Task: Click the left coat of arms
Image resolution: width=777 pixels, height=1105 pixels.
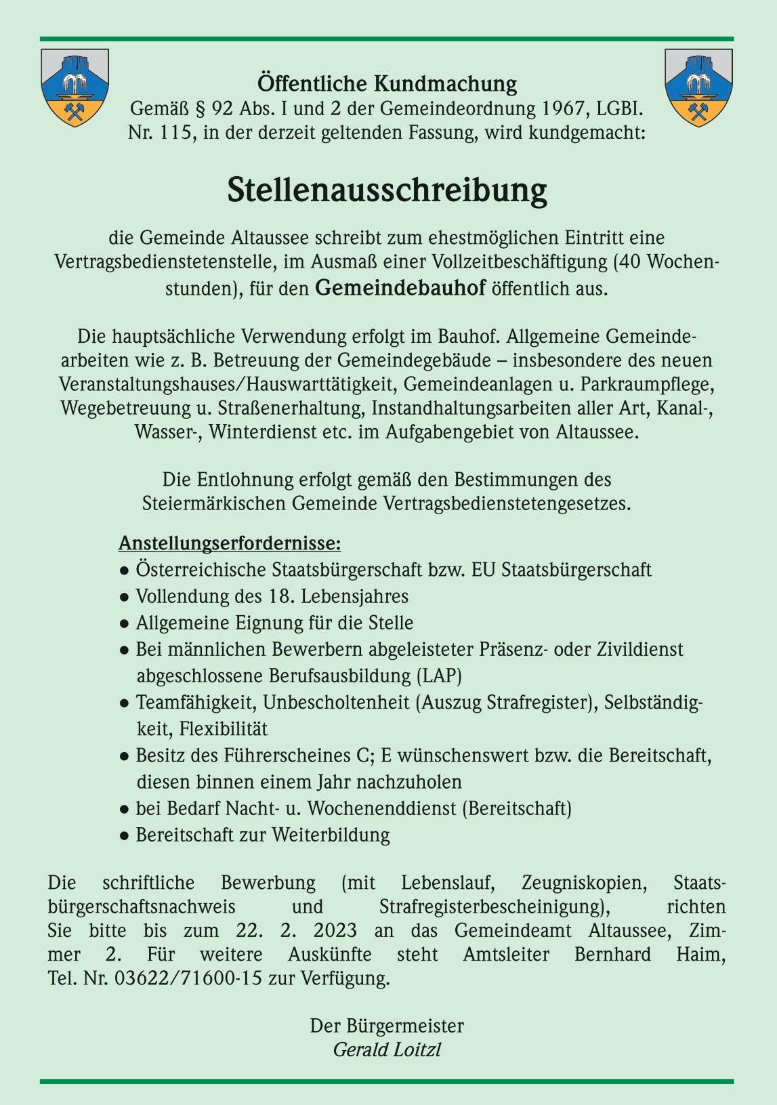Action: (x=75, y=87)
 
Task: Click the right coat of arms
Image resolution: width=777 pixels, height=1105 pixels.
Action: (x=698, y=87)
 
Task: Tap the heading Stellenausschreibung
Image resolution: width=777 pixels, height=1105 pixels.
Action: (x=387, y=191)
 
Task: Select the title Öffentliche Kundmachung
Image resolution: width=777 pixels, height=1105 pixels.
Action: (x=387, y=84)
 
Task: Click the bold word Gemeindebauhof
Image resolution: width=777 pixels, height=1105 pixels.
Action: (x=400, y=289)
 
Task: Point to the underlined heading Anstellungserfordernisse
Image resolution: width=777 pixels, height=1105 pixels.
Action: (x=230, y=543)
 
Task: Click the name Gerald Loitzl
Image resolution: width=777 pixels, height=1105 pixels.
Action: (x=387, y=1049)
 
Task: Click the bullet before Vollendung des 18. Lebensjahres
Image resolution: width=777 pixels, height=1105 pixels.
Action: (x=125, y=598)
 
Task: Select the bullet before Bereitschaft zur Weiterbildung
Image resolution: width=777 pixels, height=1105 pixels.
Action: (x=125, y=835)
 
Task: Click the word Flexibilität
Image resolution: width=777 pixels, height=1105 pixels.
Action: (x=224, y=729)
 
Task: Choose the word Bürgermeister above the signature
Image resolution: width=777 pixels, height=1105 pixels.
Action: (x=406, y=1026)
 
